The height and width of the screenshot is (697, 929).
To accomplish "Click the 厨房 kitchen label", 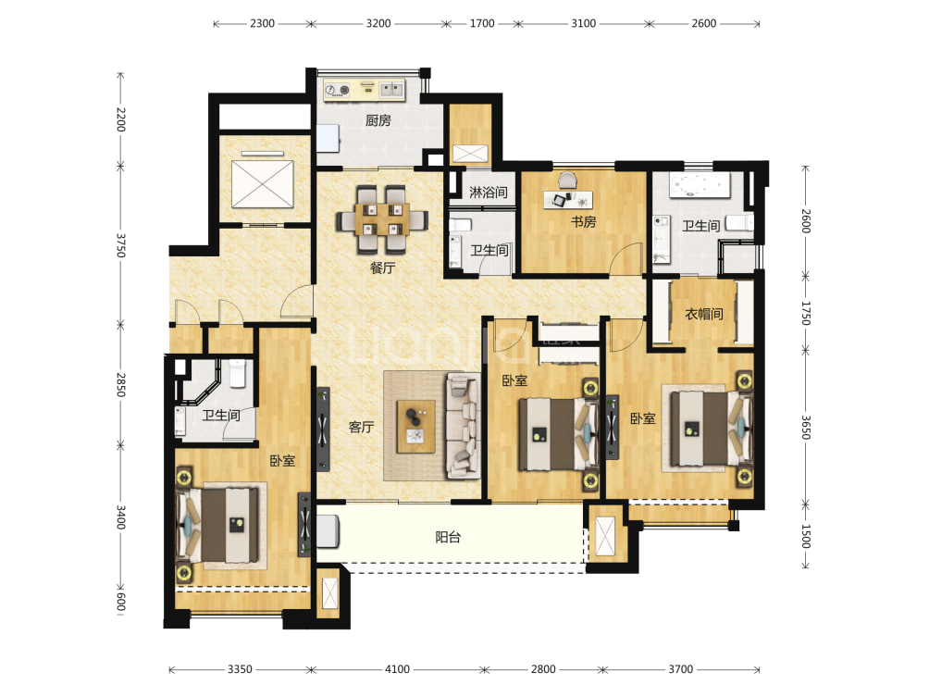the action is click(378, 121).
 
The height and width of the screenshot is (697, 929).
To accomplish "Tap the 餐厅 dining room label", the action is click(383, 268).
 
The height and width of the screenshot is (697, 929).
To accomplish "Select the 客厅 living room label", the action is click(362, 427).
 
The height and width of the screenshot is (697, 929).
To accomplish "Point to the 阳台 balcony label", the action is click(448, 537).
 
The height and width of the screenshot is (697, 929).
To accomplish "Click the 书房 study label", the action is click(584, 221).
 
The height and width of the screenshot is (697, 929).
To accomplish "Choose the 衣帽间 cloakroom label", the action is click(704, 314).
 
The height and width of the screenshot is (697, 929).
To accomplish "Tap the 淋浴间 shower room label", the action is click(489, 192).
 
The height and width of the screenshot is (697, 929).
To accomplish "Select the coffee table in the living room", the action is click(415, 427).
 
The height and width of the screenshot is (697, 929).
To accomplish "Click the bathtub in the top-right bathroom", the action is click(700, 185).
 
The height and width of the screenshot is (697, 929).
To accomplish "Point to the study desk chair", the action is click(567, 180).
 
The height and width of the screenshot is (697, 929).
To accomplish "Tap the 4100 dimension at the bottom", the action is click(397, 669).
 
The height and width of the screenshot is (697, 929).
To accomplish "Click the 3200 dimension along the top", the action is click(378, 24).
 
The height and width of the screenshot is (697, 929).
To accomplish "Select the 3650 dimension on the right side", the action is click(806, 427).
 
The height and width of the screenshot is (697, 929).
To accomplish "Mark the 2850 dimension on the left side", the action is click(121, 385).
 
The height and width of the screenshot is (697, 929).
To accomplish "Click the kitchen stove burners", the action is click(337, 90).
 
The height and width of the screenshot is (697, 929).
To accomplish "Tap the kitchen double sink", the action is click(391, 90).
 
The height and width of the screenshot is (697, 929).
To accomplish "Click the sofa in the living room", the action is click(464, 425).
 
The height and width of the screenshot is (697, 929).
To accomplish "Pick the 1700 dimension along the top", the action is click(482, 24).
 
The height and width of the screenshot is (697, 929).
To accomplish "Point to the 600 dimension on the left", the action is click(121, 601).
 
